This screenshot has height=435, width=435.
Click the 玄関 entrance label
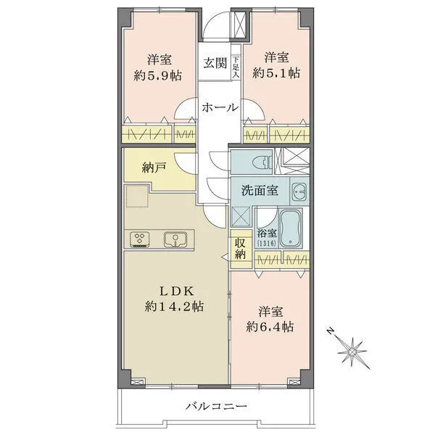coord(215,62)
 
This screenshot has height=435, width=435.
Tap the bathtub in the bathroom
coord(291,228)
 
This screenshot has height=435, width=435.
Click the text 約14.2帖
coord(174,306)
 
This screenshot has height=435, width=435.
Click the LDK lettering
coord(174,289)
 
